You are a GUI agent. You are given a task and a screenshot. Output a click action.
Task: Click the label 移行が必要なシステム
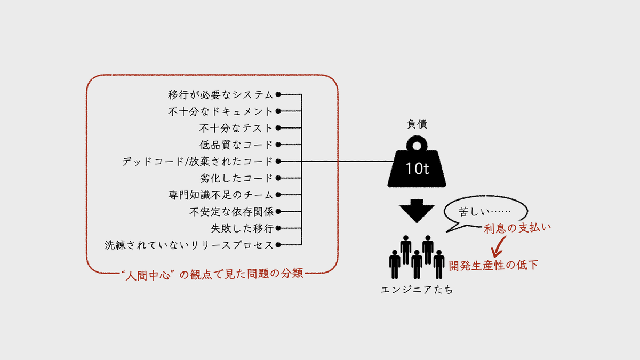pos(220,94)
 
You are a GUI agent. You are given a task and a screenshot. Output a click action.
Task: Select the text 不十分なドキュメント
pos(220,111)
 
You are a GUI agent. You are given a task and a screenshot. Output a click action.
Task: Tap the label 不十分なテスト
pos(236,128)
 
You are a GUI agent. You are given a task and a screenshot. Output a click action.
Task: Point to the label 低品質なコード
pos(236,145)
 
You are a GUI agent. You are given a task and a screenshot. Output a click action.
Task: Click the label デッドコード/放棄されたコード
pos(197,162)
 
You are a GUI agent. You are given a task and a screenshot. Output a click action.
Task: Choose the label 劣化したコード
pos(236,178)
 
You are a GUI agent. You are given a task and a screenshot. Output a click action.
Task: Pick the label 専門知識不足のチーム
pos(221,195)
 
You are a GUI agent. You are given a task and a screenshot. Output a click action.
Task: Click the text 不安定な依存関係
pos(231,212)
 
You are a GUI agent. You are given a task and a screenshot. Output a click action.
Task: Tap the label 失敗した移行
pos(242,228)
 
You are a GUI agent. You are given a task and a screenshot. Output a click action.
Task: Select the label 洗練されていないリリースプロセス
pos(189,245)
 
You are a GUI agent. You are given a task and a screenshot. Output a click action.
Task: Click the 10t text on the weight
pos(417,169)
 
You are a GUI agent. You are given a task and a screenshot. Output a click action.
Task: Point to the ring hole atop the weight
pos(417,146)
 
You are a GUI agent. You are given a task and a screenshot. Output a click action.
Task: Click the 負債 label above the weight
pos(417,124)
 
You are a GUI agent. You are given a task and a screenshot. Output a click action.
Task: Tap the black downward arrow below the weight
pos(417,211)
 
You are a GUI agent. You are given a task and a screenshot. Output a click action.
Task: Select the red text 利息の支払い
pos(517,228)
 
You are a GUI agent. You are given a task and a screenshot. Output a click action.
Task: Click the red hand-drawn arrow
pos(498,246)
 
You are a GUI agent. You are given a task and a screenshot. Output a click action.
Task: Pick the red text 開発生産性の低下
pos(493,266)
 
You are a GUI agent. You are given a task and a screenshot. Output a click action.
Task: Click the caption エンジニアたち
pos(417,290)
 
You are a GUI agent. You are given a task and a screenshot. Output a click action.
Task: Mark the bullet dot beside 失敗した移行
pos(278,228)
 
